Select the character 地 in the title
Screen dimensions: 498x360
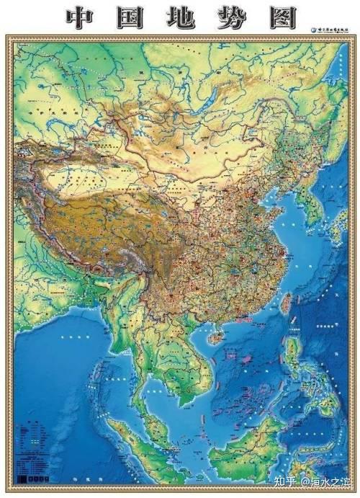(180, 17)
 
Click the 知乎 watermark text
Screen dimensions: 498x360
(276, 481)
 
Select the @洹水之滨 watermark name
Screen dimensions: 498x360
(325, 481)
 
